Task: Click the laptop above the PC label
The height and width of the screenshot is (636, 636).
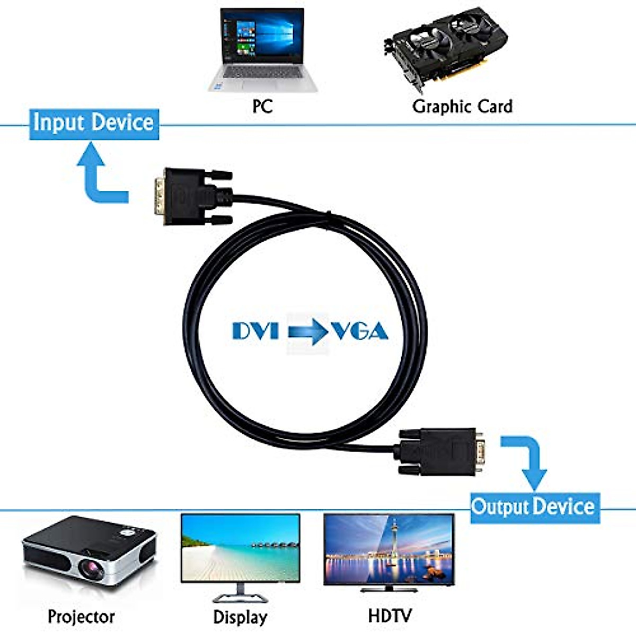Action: point(262,50)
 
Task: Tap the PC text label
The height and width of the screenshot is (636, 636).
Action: point(262,106)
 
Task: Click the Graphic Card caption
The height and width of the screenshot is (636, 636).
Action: point(462,106)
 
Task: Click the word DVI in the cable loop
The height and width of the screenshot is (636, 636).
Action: point(255,331)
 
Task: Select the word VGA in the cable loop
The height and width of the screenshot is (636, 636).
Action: point(360,331)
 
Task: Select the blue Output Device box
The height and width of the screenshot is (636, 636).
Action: point(534,507)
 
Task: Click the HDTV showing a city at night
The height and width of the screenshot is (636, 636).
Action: point(388,551)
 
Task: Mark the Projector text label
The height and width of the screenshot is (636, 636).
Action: point(81,616)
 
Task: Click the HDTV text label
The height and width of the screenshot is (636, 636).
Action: point(390,615)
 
